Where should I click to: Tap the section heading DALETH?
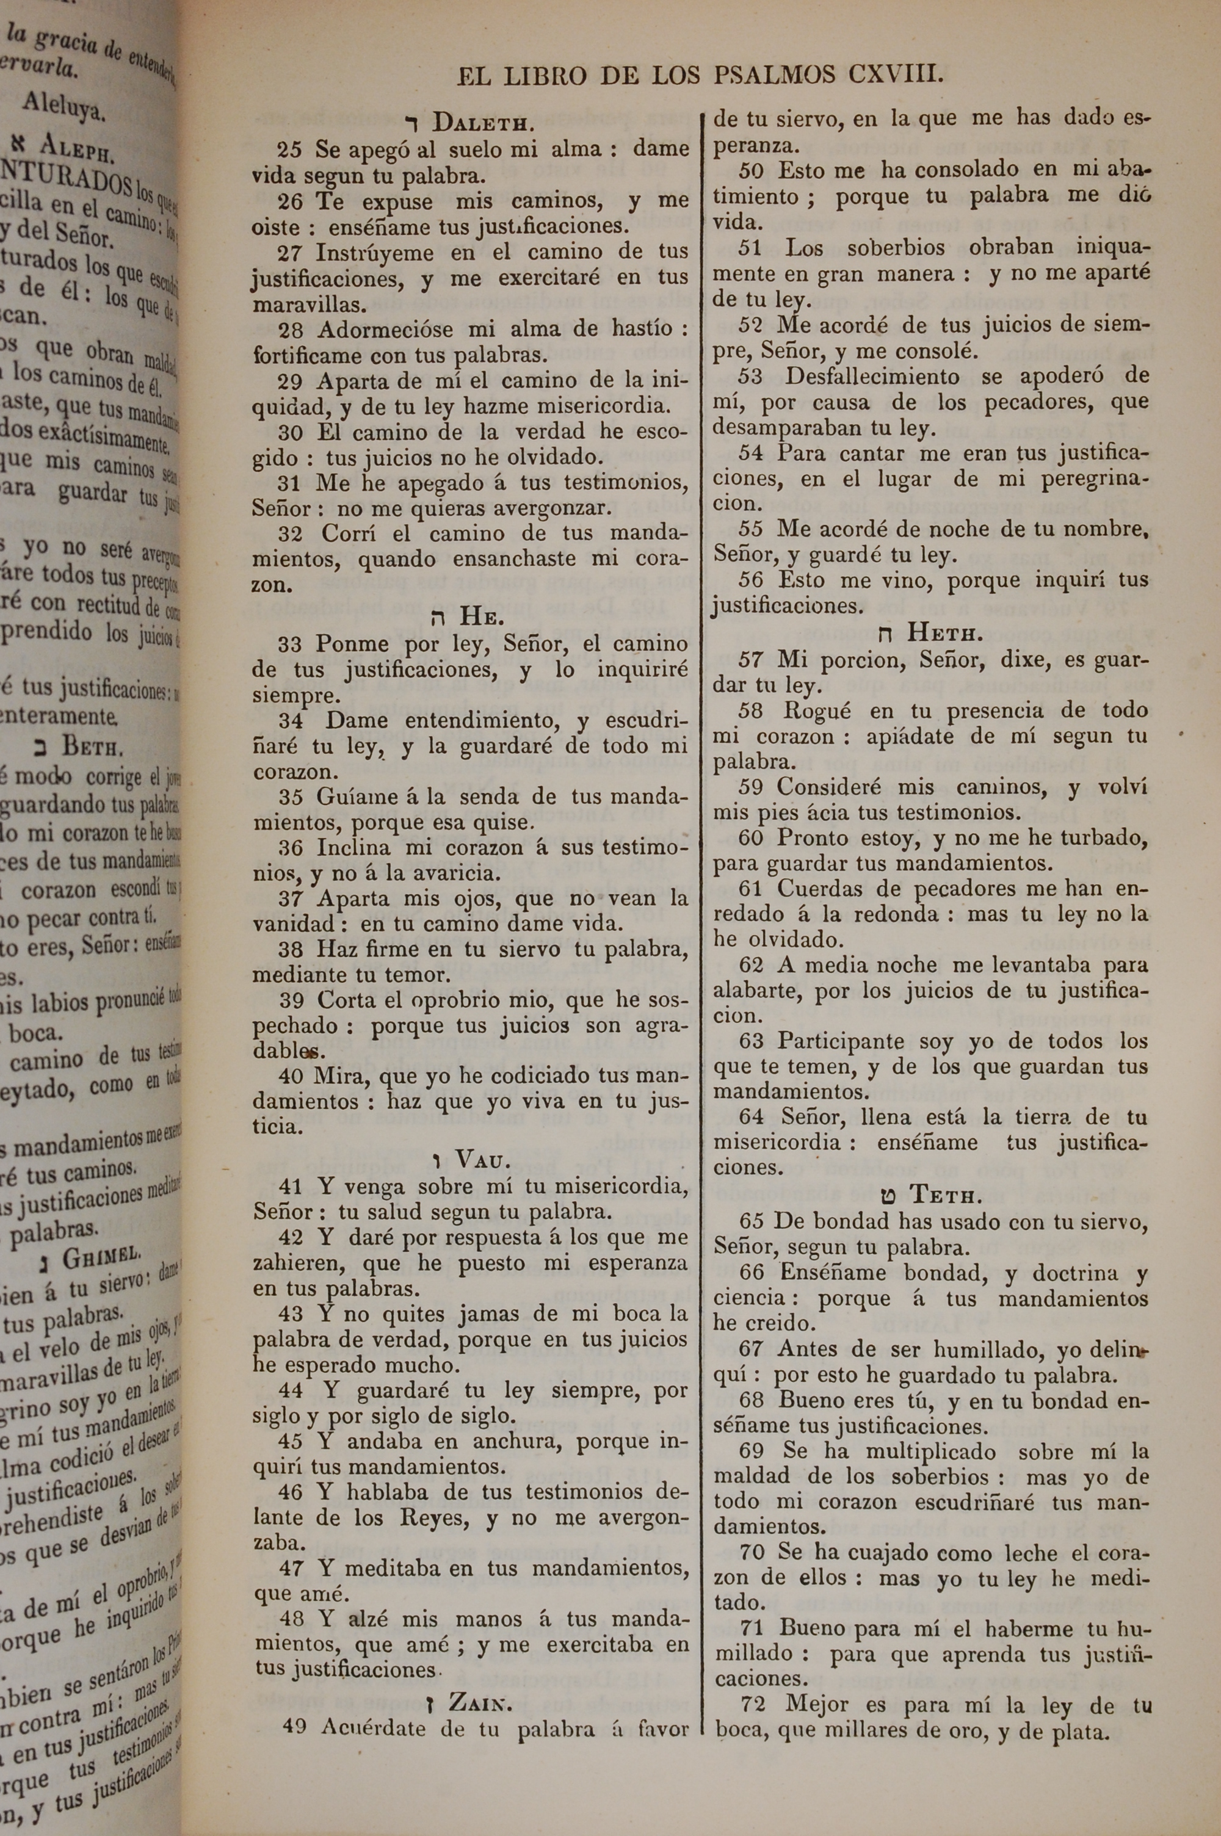coord(483,122)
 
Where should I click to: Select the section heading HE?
coord(482,616)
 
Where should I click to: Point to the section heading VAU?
coord(483,1160)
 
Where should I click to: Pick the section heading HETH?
coord(944,632)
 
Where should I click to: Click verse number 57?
coord(752,660)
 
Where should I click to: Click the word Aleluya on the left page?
coord(63,106)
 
